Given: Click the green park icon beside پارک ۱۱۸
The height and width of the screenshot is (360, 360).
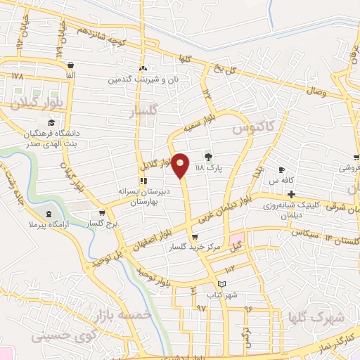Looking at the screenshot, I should point(208,157).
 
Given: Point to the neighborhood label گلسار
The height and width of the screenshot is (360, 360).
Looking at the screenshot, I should point(144,111).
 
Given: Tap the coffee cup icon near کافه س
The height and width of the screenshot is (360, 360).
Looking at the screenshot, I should point(281,169).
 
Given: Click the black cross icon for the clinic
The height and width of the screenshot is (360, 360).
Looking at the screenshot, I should point(291,194).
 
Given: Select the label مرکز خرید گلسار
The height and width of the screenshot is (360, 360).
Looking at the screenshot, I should point(195,247).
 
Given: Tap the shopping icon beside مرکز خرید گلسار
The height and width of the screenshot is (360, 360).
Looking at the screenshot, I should point(194,237).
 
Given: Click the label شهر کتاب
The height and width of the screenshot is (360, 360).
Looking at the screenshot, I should point(223,294).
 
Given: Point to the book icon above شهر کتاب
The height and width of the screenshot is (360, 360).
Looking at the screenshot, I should point(223,283).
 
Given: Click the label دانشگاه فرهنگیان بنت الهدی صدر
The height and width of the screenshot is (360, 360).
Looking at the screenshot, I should point(58,137).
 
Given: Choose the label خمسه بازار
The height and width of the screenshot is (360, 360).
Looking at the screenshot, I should point(127,316).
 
